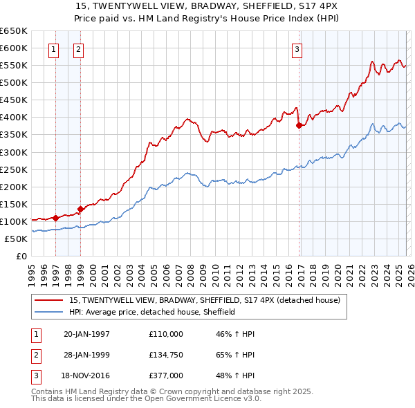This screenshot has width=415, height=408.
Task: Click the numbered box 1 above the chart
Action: [54, 49]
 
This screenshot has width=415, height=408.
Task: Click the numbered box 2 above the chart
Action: [78, 49]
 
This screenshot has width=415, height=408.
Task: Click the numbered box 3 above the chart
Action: [296, 49]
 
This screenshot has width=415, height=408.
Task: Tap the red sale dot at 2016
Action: [299, 125]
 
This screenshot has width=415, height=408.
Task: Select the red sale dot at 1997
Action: [55, 218]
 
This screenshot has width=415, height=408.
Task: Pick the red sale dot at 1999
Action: [80, 209]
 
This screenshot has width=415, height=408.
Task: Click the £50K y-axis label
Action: [15, 239]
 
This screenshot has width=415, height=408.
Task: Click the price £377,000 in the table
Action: [166, 375]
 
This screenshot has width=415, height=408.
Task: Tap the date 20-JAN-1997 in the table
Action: [86, 334]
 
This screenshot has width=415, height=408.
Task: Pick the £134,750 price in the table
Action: [166, 355]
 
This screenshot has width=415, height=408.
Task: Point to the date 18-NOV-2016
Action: [86, 375]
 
